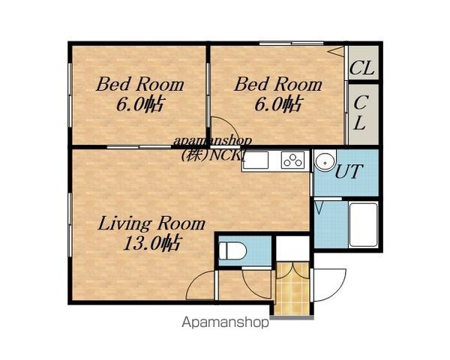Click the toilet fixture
[232, 251]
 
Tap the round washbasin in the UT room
[325, 162]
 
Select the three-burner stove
[292, 160]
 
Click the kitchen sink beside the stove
[256, 160]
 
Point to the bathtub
[363, 224]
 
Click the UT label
[349, 172]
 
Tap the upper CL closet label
[361, 67]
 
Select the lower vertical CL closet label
[359, 112]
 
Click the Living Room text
[151, 223]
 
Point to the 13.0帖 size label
[151, 244]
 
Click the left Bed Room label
[139, 84]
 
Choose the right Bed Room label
[278, 84]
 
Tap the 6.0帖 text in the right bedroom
[278, 103]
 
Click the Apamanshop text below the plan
[225, 322]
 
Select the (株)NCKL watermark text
[213, 155]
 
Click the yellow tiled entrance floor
[292, 289]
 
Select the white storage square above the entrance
[292, 248]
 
